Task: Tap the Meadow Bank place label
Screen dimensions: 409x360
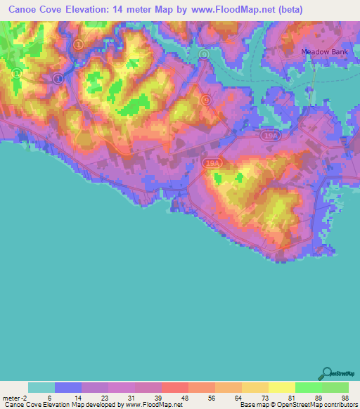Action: click(x=324, y=52)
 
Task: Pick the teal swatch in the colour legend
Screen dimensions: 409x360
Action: click(x=41, y=387)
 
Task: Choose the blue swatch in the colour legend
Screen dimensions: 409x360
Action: click(x=67, y=387)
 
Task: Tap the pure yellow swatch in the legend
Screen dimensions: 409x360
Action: click(x=281, y=387)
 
